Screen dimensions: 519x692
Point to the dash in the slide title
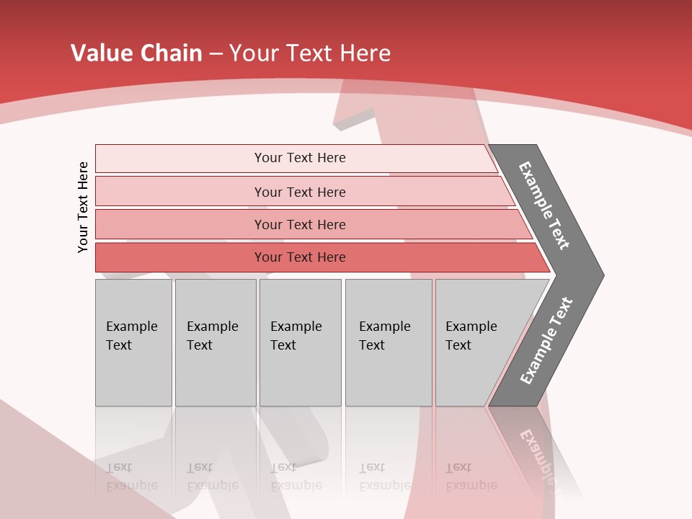pyautogui.click(x=216, y=53)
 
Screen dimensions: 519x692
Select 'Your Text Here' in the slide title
pyautogui.click(x=310, y=53)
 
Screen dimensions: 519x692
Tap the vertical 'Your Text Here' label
pyautogui.click(x=83, y=207)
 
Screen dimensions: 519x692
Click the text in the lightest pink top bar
pyautogui.click(x=300, y=158)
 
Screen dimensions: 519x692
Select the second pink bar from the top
pyautogui.click(x=300, y=192)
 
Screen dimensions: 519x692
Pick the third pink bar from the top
pyautogui.click(x=300, y=224)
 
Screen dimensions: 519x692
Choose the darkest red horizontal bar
pyautogui.click(x=300, y=257)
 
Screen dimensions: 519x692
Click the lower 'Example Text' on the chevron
pyautogui.click(x=546, y=341)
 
